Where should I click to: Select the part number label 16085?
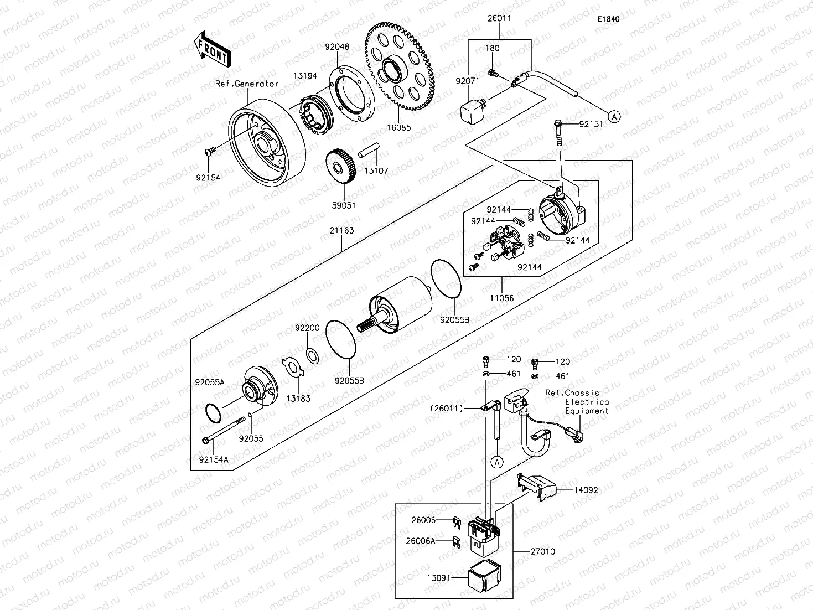[x=399, y=127]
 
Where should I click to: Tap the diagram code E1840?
[x=608, y=19]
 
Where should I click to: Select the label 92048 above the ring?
[x=337, y=47]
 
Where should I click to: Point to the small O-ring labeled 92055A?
[x=214, y=412]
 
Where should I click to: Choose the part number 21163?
[x=341, y=230]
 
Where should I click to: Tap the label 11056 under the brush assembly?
[x=501, y=298]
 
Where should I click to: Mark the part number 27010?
[x=542, y=551]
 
